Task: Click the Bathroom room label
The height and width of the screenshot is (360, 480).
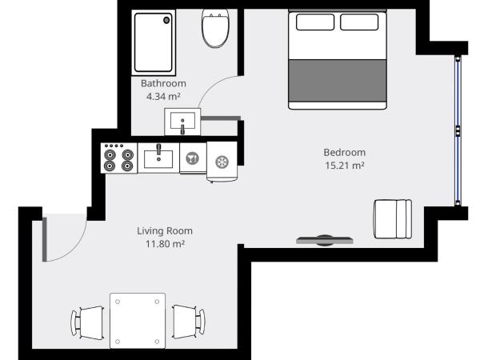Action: pyautogui.click(x=163, y=83)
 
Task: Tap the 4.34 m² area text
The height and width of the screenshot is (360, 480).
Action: pyautogui.click(x=163, y=96)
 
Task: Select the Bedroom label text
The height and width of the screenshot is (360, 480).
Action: pyautogui.click(x=344, y=153)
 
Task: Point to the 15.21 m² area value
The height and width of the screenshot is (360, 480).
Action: pyautogui.click(x=344, y=166)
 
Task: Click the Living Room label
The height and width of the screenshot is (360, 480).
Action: pyautogui.click(x=165, y=231)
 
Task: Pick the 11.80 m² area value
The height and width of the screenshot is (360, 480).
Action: pyautogui.click(x=165, y=244)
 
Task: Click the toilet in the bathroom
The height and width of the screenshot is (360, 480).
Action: pyautogui.click(x=214, y=30)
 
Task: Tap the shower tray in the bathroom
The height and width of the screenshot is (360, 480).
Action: pyautogui.click(x=154, y=43)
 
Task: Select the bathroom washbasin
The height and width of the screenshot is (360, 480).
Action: pyautogui.click(x=182, y=123)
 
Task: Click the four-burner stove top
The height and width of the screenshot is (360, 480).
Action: pyautogui.click(x=119, y=158)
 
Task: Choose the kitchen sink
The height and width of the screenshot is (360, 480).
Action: pyautogui.click(x=159, y=157)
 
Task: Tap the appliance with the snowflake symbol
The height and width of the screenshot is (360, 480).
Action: pyautogui.click(x=222, y=159)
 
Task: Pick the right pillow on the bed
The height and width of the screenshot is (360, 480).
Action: pyautogui.click(x=361, y=22)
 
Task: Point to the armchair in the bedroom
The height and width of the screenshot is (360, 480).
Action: pyautogui.click(x=392, y=218)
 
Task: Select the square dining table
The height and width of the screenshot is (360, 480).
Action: pyautogui.click(x=138, y=320)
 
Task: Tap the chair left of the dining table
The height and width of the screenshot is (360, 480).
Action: pyautogui.click(x=89, y=322)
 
